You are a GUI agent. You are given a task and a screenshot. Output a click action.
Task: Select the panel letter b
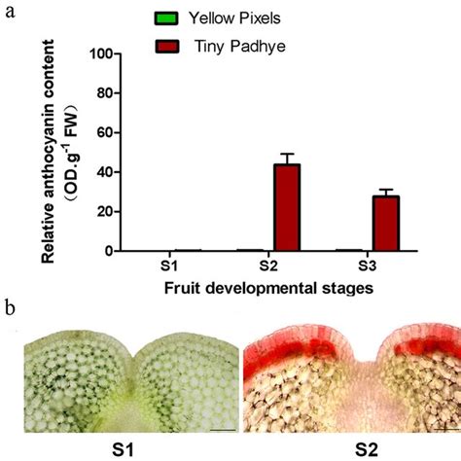(10, 310)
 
